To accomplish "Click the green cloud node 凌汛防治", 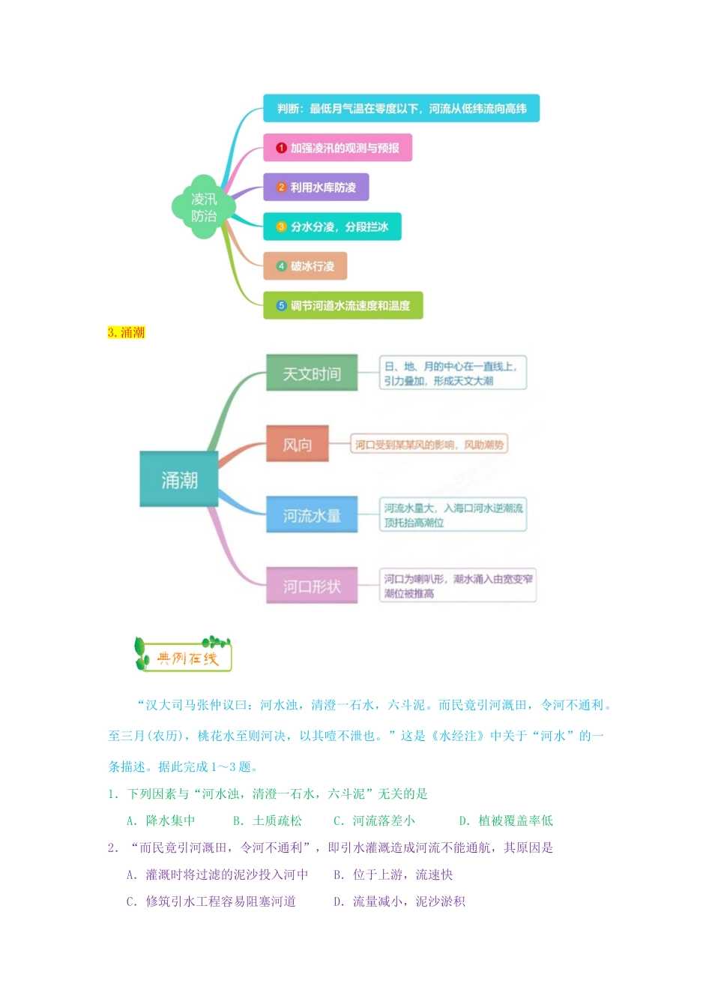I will pyautogui.click(x=203, y=208).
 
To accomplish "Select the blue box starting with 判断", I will pyautogui.click(x=401, y=109).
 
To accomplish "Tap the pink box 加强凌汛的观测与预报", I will pyautogui.click(x=337, y=148).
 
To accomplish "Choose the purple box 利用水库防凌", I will pyautogui.click(x=316, y=187).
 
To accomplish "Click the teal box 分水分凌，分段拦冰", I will pyautogui.click(x=332, y=226).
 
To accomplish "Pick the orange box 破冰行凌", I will pyautogui.click(x=304, y=266).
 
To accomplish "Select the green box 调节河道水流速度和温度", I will pyautogui.click(x=343, y=305).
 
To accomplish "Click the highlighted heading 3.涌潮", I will pyautogui.click(x=126, y=332).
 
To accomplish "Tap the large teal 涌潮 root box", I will pyautogui.click(x=179, y=479).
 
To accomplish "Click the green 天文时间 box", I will pyautogui.click(x=312, y=373).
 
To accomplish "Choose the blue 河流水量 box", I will pyautogui.click(x=312, y=515).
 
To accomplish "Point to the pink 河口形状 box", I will pyautogui.click(x=312, y=586).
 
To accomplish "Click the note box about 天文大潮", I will pyautogui.click(x=453, y=373).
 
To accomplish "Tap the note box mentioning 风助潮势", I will pyautogui.click(x=429, y=445).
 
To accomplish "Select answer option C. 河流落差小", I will pyautogui.click(x=374, y=820).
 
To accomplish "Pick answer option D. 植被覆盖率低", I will pyautogui.click(x=506, y=820).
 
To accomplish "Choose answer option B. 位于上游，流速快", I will pyautogui.click(x=393, y=874).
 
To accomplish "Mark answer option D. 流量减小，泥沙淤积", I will pyautogui.click(x=399, y=901).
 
